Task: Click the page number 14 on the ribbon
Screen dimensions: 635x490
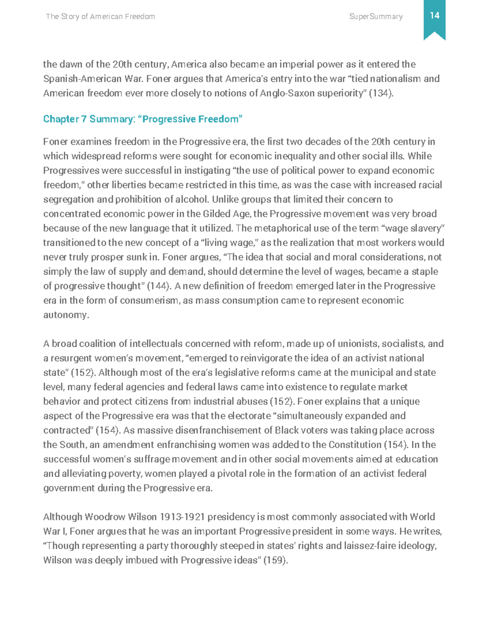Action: point(434,16)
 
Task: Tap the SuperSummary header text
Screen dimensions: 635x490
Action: point(376,16)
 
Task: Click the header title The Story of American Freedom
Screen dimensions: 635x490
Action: point(100,16)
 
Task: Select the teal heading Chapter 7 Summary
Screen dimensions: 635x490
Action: point(143,119)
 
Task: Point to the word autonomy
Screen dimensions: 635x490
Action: point(65,315)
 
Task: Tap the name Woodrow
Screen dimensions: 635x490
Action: point(105,517)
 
